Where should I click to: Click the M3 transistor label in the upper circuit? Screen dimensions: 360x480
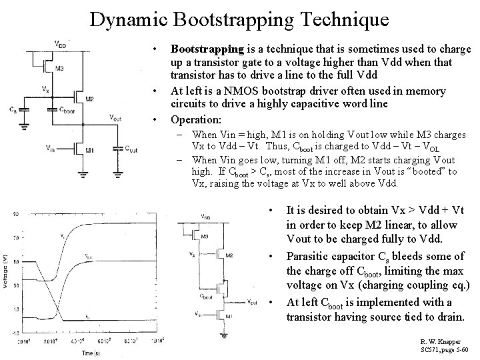pos(60,69)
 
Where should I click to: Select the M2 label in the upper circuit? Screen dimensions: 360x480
pos(89,98)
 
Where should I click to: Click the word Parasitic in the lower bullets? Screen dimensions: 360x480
pos(309,256)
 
